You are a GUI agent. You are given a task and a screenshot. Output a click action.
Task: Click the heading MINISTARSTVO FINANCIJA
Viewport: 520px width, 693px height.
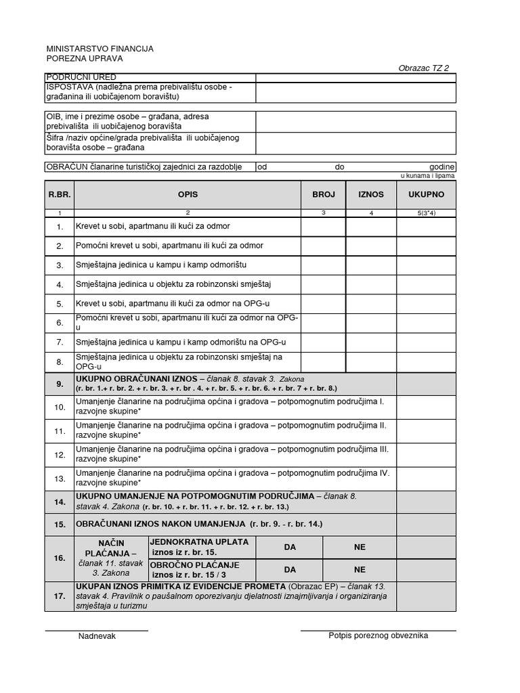[100, 49]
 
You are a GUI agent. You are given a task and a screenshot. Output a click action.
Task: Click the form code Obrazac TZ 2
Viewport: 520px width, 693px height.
[423, 68]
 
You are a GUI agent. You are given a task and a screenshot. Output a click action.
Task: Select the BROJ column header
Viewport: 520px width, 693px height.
[324, 194]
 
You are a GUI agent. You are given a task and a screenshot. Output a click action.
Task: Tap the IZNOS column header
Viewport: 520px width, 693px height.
[371, 194]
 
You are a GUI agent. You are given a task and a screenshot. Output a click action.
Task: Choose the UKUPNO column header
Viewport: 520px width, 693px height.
[426, 194]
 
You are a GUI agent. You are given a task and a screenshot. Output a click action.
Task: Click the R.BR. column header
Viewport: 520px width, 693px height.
[60, 194]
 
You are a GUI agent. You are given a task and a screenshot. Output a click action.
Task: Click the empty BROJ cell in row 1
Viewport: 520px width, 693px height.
[324, 226]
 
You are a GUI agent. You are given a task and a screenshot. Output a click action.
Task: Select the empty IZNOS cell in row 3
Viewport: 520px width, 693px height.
[371, 265]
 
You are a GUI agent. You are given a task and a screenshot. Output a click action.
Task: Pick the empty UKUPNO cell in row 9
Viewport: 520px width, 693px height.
[426, 384]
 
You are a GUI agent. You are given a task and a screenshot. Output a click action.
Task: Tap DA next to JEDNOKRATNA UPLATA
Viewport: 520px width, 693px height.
[290, 547]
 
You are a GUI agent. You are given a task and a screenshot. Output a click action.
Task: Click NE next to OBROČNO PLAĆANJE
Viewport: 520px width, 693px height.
[360, 570]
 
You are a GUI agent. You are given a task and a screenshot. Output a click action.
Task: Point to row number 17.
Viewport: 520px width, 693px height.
[60, 596]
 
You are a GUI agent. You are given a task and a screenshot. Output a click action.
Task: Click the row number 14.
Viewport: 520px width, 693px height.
[60, 501]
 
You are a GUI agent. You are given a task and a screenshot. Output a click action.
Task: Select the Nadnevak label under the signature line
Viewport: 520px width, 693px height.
[97, 636]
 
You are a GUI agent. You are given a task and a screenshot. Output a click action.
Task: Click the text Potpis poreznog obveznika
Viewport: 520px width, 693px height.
[378, 635]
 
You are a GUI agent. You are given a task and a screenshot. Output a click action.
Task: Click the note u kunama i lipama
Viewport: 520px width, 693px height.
[428, 176]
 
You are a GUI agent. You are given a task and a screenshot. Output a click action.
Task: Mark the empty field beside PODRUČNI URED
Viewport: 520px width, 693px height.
[355, 77]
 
